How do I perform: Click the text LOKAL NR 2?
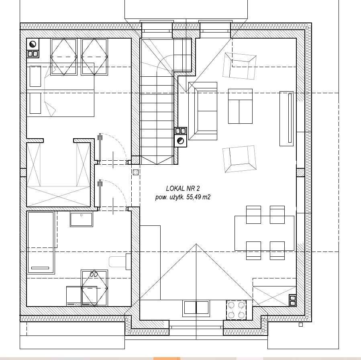183,188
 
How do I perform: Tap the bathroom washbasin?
81,219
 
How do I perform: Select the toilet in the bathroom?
120,262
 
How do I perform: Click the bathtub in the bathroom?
41,243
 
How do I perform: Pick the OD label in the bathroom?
94,274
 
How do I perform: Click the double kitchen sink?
196,309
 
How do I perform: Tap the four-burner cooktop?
236,310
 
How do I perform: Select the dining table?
264,233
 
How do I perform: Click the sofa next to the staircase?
203,111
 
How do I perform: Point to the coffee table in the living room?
241,106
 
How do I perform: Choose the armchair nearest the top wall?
239,66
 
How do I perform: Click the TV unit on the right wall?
287,119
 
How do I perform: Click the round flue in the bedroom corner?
33,44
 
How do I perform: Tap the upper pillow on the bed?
35,76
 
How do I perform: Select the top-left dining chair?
253,215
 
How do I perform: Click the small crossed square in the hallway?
136,172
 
